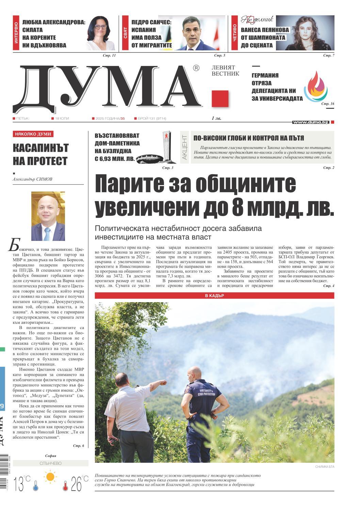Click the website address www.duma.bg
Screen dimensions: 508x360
(x=310, y=122)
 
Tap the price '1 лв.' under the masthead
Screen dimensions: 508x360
(x=216, y=118)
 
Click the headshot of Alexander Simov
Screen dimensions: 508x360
(x=48, y=216)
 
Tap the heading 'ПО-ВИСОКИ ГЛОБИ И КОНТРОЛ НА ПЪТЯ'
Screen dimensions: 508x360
(x=248, y=138)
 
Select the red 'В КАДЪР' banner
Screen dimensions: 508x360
(x=214, y=296)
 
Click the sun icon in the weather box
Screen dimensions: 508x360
(x=51, y=477)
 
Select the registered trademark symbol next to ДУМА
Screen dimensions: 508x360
(x=196, y=68)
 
